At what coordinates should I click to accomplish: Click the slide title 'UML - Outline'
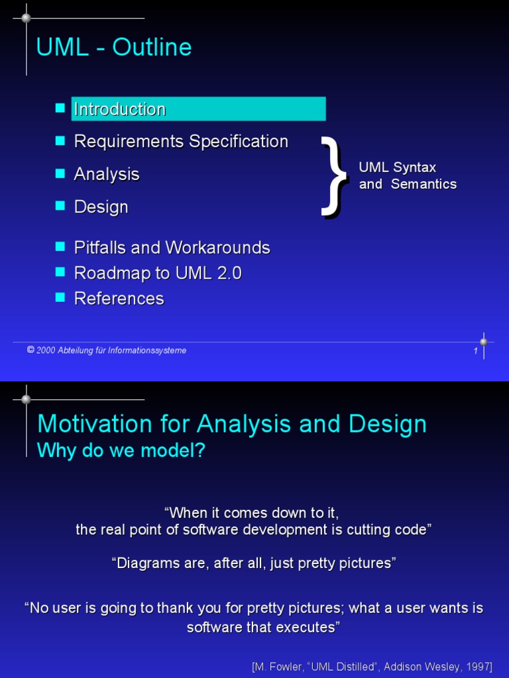pos(113,48)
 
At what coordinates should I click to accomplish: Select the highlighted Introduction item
pos(120,109)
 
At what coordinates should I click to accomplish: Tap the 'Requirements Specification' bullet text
pos(181,142)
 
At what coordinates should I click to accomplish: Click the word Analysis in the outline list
pos(107,174)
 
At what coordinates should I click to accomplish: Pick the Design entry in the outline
pos(101,207)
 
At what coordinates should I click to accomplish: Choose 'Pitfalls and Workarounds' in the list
pos(172,248)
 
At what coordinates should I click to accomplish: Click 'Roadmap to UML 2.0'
pos(158,273)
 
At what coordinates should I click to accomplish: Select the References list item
pos(119,299)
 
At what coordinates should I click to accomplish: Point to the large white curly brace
pos(334,176)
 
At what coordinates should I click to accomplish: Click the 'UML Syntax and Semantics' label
pos(407,176)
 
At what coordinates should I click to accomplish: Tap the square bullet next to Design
pos(60,206)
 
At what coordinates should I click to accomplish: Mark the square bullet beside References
pos(60,297)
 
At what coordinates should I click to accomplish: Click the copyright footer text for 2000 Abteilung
pos(107,351)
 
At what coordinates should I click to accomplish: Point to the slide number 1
pos(475,352)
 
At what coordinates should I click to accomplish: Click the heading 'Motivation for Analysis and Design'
pos(232,424)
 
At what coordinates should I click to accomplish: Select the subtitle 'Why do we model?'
pos(121,451)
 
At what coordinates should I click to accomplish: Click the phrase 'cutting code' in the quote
pos(393,530)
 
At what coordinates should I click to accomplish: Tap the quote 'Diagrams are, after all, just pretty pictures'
pos(254,563)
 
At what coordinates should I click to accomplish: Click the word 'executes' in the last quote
pos(310,627)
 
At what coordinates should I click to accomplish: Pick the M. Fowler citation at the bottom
pos(372,667)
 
